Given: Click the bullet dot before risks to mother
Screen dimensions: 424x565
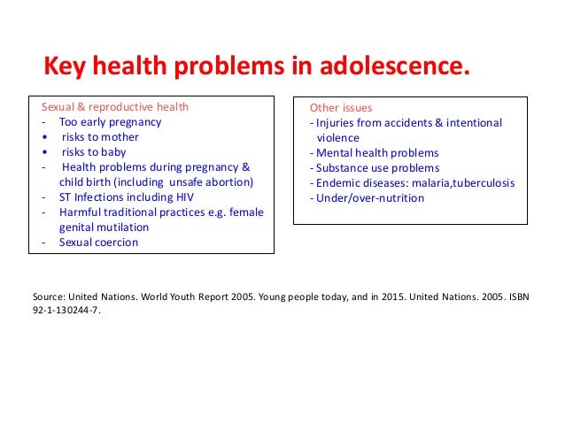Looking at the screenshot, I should [x=43, y=138].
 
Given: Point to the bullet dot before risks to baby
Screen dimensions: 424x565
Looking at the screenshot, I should [x=43, y=153].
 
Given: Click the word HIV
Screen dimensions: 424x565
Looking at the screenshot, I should [x=180, y=197].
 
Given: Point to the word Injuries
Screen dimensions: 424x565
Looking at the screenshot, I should [x=334, y=123].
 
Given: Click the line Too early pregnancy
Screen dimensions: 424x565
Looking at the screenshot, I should [x=111, y=123].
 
